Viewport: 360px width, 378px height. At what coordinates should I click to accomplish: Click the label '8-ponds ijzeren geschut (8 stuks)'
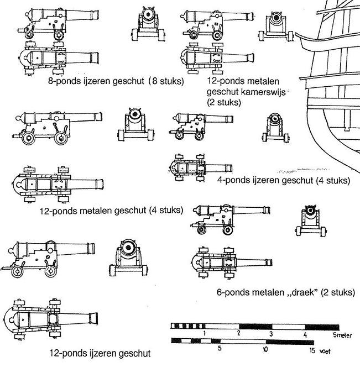(x=116, y=81)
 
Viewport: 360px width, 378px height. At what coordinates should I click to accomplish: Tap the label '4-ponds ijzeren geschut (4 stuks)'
(x=284, y=180)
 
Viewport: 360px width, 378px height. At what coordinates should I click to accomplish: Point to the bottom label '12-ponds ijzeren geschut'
(x=100, y=353)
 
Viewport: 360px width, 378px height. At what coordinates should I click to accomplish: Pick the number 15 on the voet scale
(x=312, y=350)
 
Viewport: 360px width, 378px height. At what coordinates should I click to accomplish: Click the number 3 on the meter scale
(x=271, y=334)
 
